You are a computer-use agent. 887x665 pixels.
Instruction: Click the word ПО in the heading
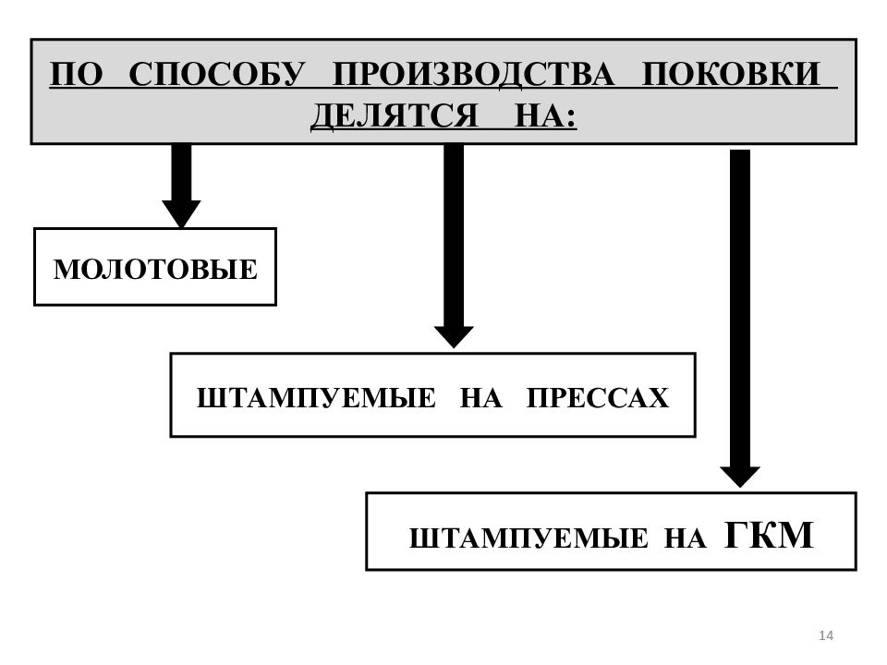(77, 74)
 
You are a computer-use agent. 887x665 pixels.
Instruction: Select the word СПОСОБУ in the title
(217, 74)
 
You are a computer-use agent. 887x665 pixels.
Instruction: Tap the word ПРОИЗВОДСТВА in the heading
(473, 74)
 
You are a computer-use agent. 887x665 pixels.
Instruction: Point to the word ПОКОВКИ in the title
(731, 74)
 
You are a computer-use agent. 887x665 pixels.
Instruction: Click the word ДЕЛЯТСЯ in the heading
(395, 116)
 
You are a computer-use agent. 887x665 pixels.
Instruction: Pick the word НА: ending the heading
(545, 116)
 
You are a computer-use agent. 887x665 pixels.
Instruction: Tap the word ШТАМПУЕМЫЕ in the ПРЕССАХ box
(316, 397)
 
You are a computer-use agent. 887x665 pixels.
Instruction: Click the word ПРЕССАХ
(598, 397)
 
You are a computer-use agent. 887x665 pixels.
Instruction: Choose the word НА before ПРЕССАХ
(480, 397)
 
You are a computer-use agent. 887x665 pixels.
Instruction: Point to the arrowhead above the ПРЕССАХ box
(454, 337)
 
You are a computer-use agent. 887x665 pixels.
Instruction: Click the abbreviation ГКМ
(769, 535)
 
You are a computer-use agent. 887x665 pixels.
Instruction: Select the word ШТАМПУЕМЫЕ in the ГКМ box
(529, 538)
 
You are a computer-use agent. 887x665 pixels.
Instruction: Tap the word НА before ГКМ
(685, 538)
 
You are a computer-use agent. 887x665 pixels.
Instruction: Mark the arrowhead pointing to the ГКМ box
(740, 477)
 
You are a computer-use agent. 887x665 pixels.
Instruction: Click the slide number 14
(826, 635)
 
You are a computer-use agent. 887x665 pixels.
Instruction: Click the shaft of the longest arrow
(740, 308)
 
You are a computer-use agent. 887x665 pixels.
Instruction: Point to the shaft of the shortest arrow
(182, 173)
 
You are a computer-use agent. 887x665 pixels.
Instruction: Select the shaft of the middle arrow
(454, 236)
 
